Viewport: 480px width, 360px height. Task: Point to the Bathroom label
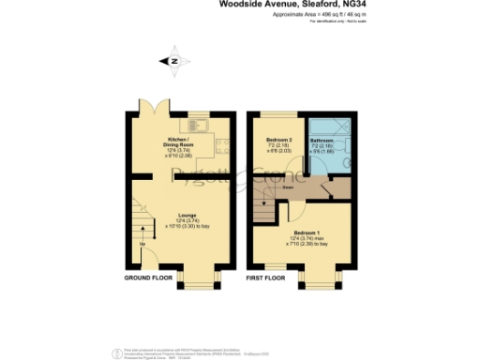point(322,141)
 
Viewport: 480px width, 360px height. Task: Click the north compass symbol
point(173,62)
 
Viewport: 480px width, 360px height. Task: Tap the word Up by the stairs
point(143,245)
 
